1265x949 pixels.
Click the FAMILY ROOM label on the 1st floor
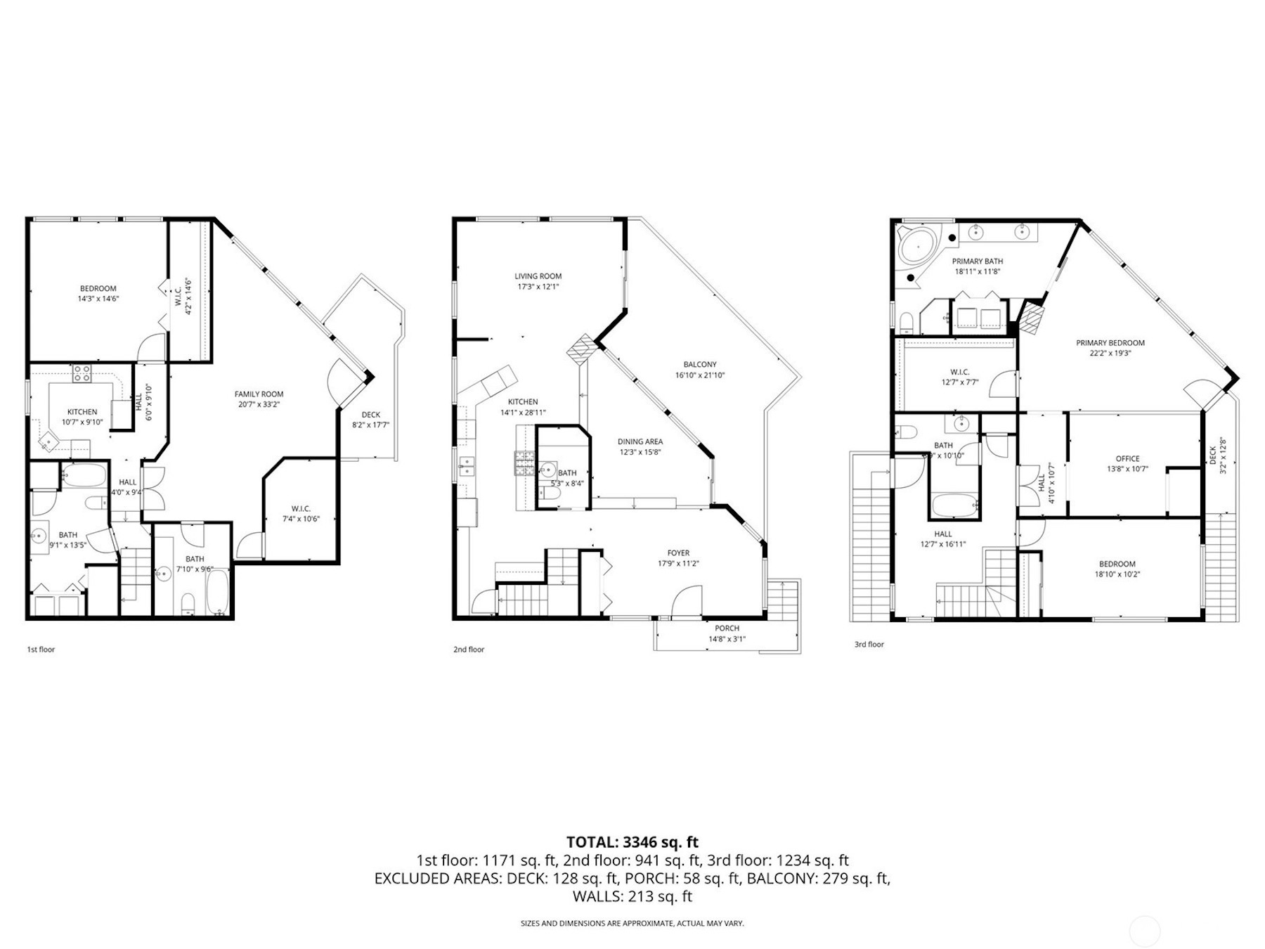(259, 394)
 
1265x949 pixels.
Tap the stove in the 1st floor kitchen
(81, 373)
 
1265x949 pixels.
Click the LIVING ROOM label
(538, 276)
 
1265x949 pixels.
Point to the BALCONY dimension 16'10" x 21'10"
(699, 375)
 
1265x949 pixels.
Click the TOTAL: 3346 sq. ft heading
(632, 841)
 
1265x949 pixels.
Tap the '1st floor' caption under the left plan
(41, 649)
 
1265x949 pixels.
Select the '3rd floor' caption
(869, 644)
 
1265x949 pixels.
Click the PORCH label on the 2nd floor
(727, 628)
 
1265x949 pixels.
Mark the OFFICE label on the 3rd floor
(1127, 458)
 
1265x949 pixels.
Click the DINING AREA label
(640, 441)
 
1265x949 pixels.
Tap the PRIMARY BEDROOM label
(1110, 343)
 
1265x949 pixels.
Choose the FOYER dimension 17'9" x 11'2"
(678, 563)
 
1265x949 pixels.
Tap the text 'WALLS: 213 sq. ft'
(632, 896)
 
